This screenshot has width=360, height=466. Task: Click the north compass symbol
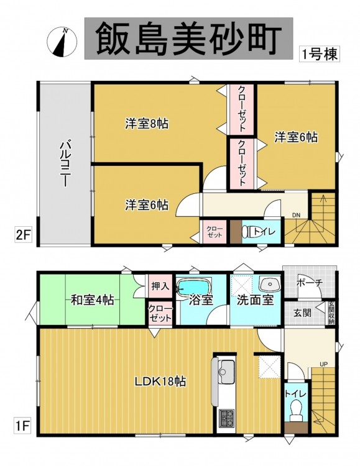(x=62, y=42)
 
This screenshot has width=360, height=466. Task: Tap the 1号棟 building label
(x=320, y=54)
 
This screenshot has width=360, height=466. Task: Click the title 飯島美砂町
(x=189, y=39)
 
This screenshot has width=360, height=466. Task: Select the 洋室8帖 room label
(x=147, y=124)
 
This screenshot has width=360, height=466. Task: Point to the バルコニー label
(x=65, y=165)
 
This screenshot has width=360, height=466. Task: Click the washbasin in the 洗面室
(x=270, y=285)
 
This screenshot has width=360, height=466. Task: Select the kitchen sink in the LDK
(x=226, y=367)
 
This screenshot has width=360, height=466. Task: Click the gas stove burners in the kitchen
(x=226, y=418)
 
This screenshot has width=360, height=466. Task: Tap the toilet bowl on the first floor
(x=295, y=410)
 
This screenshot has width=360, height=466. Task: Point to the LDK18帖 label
(x=160, y=381)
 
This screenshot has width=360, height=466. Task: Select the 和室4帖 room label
(x=93, y=300)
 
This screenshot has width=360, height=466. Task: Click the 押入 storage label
(x=160, y=286)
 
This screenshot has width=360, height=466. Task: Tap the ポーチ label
(x=310, y=283)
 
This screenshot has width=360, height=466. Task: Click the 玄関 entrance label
(x=303, y=313)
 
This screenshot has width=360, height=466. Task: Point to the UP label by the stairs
(x=324, y=363)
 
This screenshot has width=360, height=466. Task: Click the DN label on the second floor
(x=296, y=215)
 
